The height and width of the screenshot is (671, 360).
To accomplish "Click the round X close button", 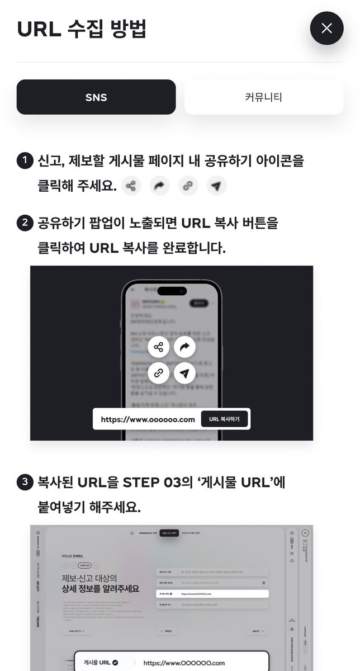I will (327, 28).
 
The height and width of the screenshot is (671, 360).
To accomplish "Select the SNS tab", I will (96, 97).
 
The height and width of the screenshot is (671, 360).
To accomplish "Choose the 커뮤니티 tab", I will (263, 97).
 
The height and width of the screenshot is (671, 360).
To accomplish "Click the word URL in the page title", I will (39, 29).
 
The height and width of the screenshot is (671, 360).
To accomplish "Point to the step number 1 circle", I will (25, 162).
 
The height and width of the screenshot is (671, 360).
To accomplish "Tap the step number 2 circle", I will (25, 223).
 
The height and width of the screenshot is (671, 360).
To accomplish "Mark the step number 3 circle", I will (25, 482).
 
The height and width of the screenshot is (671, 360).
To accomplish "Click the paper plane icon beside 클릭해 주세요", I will (216, 186).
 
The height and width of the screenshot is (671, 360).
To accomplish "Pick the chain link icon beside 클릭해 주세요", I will (188, 186).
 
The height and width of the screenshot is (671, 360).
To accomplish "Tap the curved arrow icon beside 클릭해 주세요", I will (160, 186).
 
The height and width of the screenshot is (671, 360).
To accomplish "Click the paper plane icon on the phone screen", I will (184, 373).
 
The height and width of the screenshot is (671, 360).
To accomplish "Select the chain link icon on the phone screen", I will (159, 373).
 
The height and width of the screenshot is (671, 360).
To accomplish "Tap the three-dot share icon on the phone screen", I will (159, 347).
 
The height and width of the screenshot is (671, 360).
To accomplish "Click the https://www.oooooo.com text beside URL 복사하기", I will (148, 419).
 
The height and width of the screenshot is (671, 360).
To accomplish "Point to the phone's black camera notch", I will (172, 290).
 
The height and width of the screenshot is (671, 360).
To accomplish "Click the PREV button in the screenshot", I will (166, 631).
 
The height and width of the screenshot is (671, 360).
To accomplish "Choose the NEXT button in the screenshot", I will (257, 631).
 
